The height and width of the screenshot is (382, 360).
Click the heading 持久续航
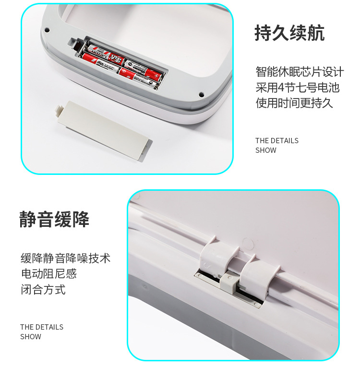tap(289, 33)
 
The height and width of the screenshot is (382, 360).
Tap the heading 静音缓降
tap(54, 219)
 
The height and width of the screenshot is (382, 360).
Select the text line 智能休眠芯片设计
tap(300, 72)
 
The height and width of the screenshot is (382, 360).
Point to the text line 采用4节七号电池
tap(297, 87)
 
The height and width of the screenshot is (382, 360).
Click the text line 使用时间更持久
tap(294, 103)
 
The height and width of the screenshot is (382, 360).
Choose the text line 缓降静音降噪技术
tap(65, 258)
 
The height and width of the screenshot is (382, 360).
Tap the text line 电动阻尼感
tap(48, 274)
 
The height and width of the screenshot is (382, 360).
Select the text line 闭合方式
tap(43, 290)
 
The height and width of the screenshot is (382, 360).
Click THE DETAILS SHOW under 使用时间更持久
tap(276, 145)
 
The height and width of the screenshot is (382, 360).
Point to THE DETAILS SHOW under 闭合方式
tap(41, 332)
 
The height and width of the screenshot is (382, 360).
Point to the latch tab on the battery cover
tap(61, 110)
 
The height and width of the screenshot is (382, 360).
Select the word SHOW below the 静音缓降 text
tap(31, 337)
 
